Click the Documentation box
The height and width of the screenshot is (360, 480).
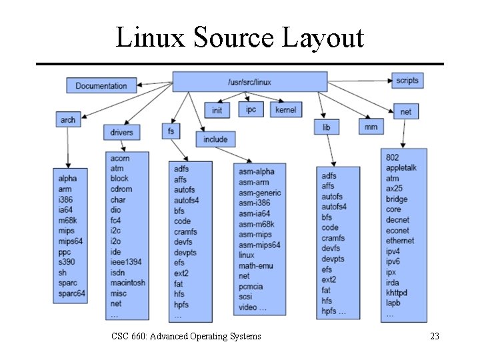pyautogui.click(x=101, y=85)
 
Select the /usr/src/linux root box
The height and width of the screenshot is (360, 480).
pyautogui.click(x=250, y=82)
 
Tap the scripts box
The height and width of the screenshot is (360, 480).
pyautogui.click(x=407, y=81)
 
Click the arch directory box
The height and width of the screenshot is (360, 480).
pyautogui.click(x=68, y=120)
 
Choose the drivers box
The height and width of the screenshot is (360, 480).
pyautogui.click(x=121, y=132)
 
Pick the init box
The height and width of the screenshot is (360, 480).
pyautogui.click(x=217, y=110)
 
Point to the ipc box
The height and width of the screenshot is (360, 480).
pyautogui.click(x=251, y=109)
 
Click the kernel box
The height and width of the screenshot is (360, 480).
pyautogui.click(x=286, y=109)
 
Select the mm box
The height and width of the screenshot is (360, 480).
pyautogui.click(x=371, y=127)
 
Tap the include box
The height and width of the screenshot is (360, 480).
pyautogui.click(x=215, y=139)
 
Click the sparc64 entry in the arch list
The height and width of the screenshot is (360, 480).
pyautogui.click(x=72, y=293)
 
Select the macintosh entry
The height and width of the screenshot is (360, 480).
pyautogui.click(x=128, y=283)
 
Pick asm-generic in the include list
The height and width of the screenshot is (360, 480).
pyautogui.click(x=260, y=193)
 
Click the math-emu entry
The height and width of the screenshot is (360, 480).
pyautogui.click(x=256, y=265)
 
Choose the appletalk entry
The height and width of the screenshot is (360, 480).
pyautogui.click(x=401, y=168)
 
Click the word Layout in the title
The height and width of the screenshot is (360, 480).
pyautogui.click(x=323, y=37)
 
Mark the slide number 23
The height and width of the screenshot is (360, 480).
pyautogui.click(x=435, y=337)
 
